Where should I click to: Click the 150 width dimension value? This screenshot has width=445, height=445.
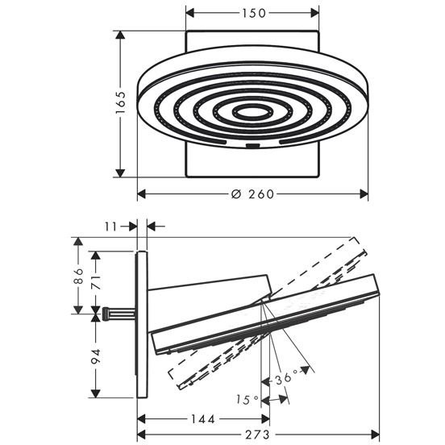[x=254, y=13]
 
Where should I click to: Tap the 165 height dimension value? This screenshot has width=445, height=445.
[x=120, y=102]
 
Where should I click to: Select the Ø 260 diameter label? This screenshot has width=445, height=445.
[x=252, y=194]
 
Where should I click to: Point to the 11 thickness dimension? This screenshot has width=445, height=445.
[x=110, y=227]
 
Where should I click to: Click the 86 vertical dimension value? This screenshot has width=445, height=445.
[x=78, y=276]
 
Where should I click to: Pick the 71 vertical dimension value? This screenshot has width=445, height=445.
[x=96, y=282]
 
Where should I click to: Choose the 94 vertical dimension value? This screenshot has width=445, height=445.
[x=96, y=357]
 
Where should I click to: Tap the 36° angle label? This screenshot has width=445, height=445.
[x=285, y=378]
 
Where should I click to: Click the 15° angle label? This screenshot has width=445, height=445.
[x=247, y=400]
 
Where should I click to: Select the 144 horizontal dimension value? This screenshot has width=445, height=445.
[x=203, y=419]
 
